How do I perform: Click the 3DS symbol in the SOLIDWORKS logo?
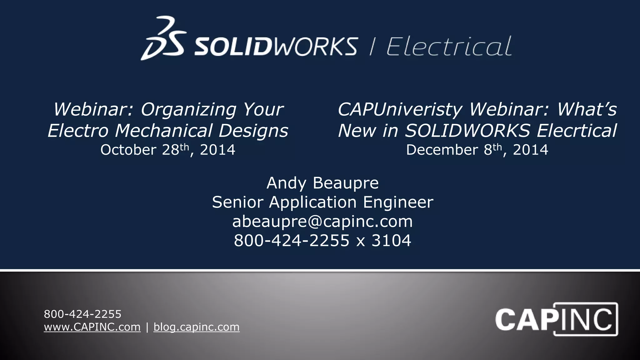tap(163, 38)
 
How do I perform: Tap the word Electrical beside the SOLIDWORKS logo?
tap(449, 46)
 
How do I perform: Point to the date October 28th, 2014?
tap(168, 150)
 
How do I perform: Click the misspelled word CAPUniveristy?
tap(400, 109)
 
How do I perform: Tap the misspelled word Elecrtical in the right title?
tap(577, 130)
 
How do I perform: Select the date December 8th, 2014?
tap(477, 150)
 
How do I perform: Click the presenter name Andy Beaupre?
tap(322, 183)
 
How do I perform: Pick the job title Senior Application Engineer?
tap(322, 202)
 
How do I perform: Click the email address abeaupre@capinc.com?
tap(322, 222)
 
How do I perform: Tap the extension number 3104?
tap(391, 241)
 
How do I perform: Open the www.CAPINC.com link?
tap(92, 327)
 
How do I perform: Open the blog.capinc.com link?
tap(197, 327)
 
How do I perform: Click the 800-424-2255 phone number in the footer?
tap(82, 314)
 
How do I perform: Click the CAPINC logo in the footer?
tap(556, 319)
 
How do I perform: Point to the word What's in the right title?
tap(587, 109)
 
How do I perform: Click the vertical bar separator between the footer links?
tap(147, 327)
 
